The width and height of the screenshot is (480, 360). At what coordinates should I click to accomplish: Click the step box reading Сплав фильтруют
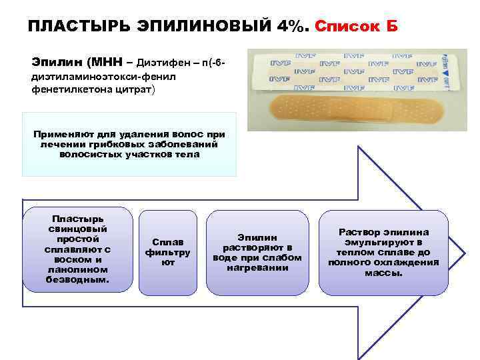point(167,251)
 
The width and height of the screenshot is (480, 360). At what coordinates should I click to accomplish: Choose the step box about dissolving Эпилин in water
point(257,251)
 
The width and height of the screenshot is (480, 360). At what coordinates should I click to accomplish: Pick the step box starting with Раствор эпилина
point(383,251)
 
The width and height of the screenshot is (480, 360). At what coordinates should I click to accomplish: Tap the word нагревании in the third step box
point(257,267)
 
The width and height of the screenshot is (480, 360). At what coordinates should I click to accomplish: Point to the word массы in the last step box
point(383,272)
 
